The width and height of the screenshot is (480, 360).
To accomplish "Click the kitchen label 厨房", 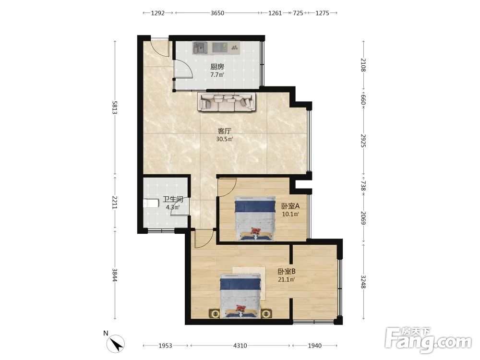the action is point(217,67).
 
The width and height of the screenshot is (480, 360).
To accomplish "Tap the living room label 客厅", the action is point(224,132).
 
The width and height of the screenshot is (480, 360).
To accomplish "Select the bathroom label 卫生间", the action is point(173,200).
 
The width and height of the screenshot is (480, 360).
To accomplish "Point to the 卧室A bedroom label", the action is point(290,206).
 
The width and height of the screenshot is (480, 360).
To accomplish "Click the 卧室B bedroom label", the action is point(287,272).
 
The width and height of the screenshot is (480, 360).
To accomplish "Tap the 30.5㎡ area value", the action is point(225,139).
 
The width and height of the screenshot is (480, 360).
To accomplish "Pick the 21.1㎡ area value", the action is point(287,279).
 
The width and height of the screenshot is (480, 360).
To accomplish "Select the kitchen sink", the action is point(200,48).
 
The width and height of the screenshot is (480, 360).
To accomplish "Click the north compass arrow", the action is point(116,344).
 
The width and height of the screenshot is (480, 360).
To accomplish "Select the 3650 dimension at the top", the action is point(217,13).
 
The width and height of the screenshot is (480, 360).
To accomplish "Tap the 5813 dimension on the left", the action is point(115,108).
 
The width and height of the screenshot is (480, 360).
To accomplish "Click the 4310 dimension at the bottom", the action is point(240,346).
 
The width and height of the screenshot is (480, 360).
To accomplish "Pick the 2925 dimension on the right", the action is point(363,141).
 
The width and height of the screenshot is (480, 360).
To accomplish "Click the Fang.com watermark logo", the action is point(428,339).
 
